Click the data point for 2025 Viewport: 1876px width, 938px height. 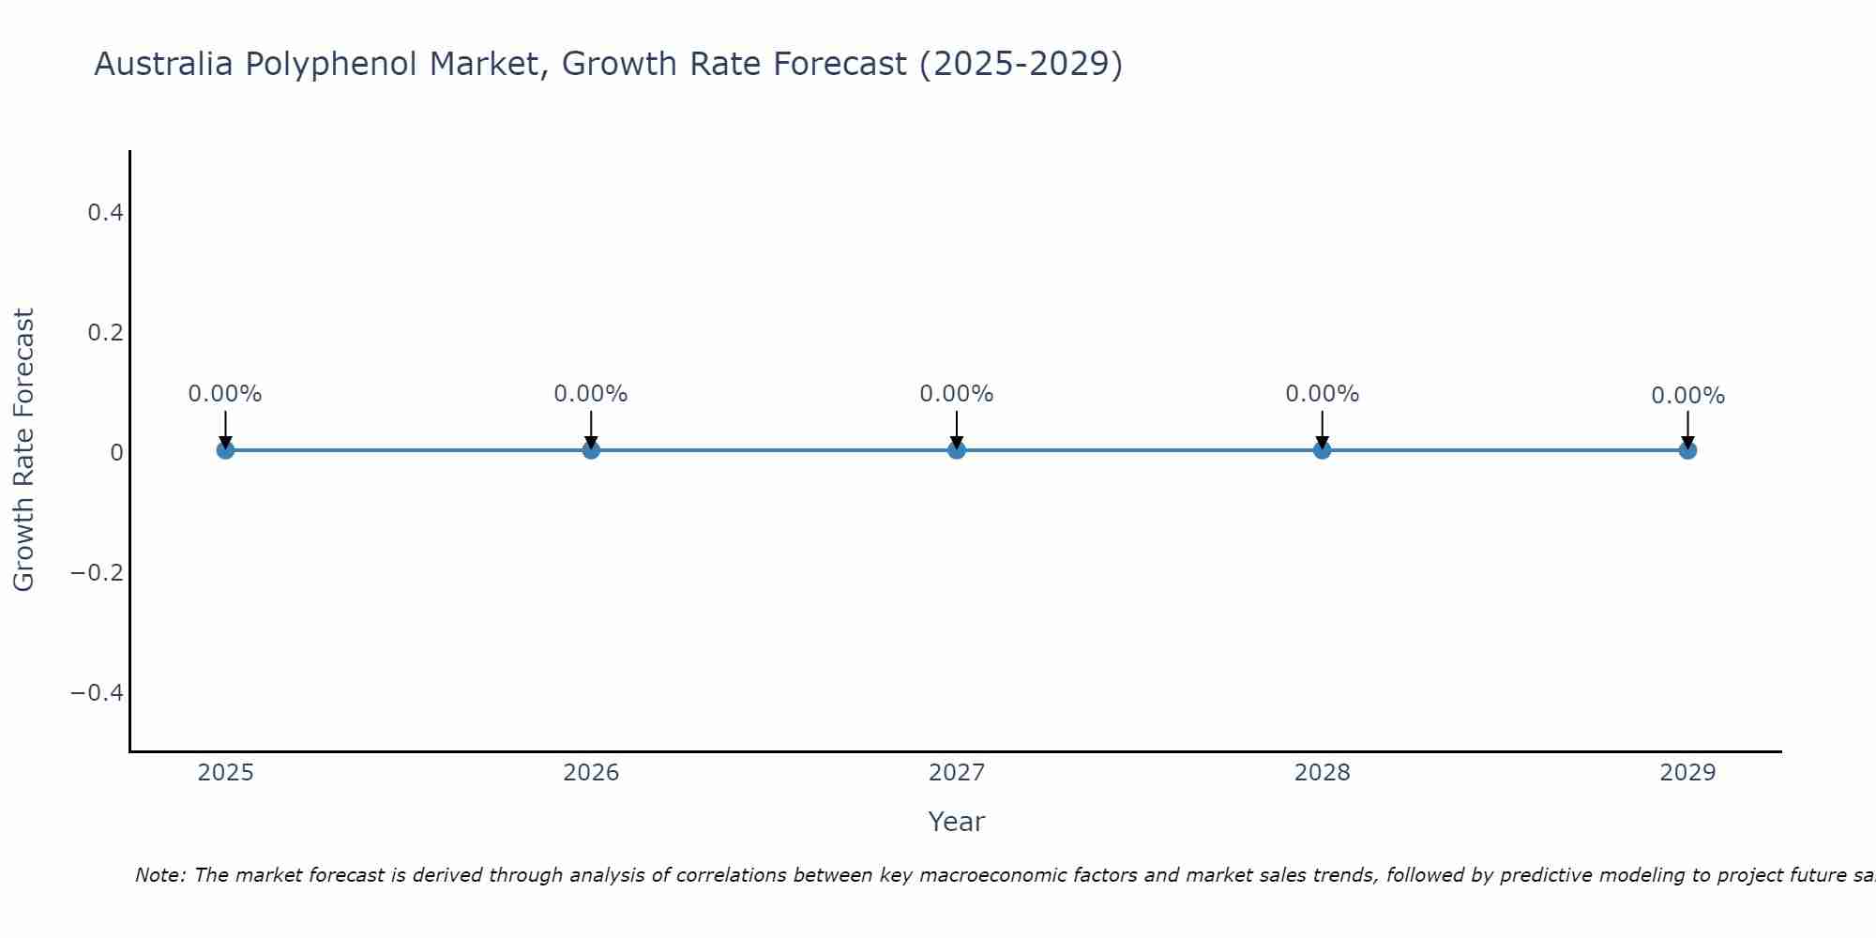click(225, 450)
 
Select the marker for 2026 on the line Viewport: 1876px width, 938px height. click(591, 450)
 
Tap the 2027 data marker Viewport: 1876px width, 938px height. click(957, 450)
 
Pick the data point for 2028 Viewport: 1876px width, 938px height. click(1323, 450)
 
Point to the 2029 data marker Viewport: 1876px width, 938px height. click(1687, 450)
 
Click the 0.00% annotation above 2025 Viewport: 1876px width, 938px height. click(225, 394)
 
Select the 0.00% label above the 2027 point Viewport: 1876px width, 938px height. click(957, 394)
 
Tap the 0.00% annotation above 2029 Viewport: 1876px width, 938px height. click(1687, 396)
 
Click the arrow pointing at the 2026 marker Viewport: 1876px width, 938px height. click(591, 430)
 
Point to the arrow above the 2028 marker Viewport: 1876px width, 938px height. click(1323, 430)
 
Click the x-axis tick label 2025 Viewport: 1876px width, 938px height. click(225, 773)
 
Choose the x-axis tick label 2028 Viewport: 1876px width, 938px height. click(1323, 773)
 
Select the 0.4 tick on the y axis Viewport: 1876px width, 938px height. click(105, 213)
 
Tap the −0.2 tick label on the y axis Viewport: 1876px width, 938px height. click(98, 572)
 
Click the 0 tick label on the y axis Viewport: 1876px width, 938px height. click(116, 452)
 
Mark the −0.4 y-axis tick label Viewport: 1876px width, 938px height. click(98, 692)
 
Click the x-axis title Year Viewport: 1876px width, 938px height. click(956, 822)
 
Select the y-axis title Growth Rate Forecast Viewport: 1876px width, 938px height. click(23, 450)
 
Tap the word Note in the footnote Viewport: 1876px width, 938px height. click(159, 875)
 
